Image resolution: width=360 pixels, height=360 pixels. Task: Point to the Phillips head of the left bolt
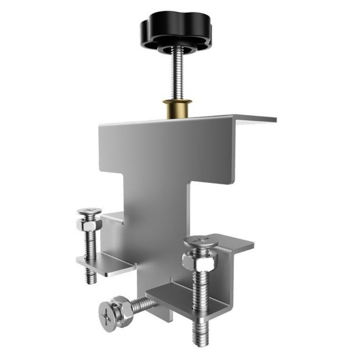coord(89,211)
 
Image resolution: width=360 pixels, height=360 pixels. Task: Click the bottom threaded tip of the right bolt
coord(200,336)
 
